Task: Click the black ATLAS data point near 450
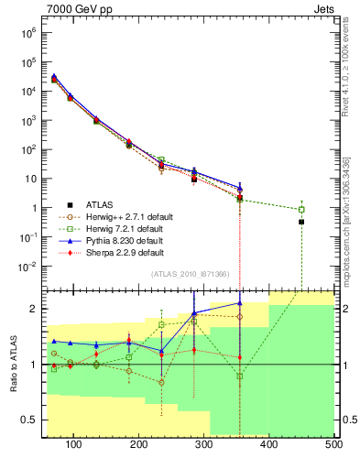tap(301, 222)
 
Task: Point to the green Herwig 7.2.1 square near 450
tap(301, 210)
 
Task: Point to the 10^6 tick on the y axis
tap(34, 33)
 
